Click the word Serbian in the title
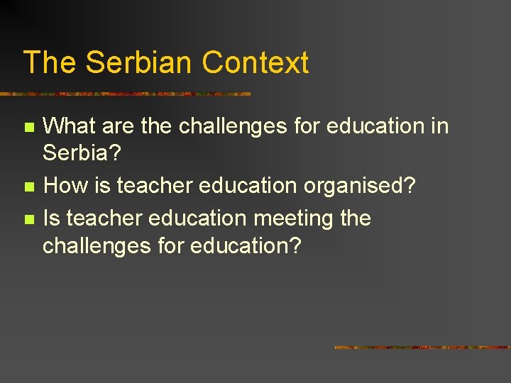(140, 62)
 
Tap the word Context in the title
(255, 62)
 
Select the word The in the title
(50, 62)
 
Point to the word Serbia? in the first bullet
(80, 152)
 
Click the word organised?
(360, 187)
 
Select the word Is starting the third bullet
(50, 218)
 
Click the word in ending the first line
(440, 126)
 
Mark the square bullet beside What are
(28, 128)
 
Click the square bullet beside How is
(28, 187)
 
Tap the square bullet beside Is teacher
(28, 219)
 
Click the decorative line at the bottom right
(422, 348)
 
